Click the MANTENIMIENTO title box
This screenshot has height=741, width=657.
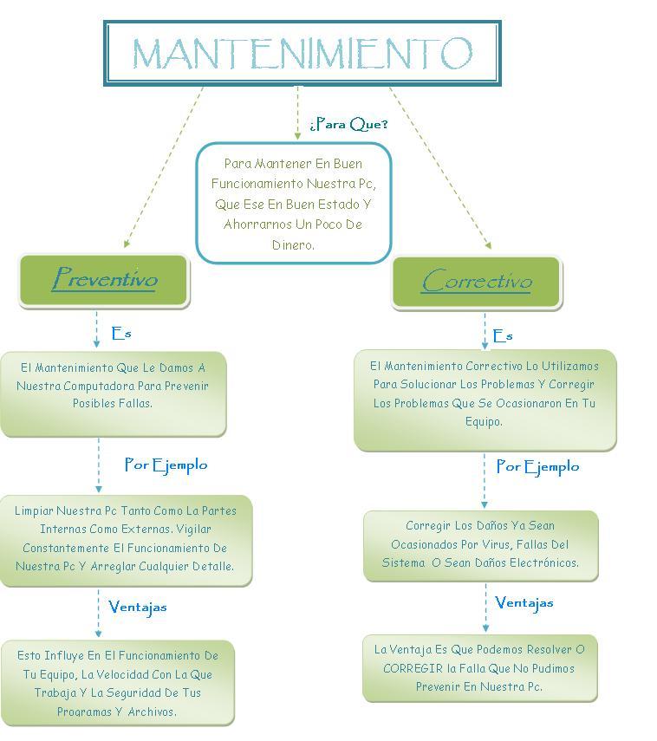302,53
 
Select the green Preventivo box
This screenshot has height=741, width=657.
104,280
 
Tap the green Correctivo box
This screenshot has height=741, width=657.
476,282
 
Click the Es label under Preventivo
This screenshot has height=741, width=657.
121,333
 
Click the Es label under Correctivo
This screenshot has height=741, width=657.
503,335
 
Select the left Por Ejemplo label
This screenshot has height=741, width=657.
166,465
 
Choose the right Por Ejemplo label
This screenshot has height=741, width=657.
537,466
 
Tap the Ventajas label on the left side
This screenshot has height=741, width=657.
138,607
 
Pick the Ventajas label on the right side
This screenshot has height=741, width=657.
524,602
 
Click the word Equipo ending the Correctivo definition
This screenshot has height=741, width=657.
484,422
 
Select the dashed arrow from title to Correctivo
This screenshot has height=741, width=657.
439,168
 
